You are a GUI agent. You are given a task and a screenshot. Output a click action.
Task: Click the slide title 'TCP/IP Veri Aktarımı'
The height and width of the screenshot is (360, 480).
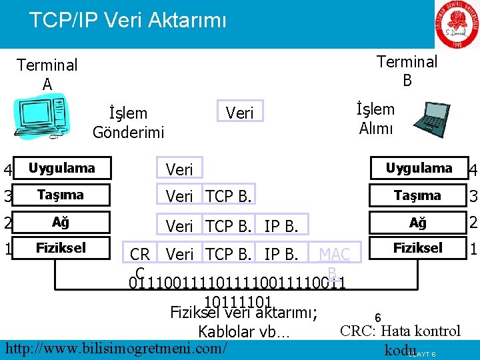point(127,19)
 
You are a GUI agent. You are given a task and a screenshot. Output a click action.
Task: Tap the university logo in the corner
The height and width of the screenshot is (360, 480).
point(458,25)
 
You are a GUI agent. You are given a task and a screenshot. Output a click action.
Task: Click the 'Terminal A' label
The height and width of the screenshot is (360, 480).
point(47,74)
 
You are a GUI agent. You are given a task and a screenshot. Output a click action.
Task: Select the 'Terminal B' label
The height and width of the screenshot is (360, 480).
point(407,71)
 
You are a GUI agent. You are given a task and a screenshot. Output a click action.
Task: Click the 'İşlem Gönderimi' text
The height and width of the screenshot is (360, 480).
point(128,123)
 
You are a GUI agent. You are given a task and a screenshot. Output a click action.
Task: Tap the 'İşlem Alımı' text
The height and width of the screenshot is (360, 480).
point(375,119)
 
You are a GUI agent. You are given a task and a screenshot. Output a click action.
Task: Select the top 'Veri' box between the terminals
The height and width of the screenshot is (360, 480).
point(240,113)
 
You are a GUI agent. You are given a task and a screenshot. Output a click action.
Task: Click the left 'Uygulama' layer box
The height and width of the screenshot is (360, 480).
point(61,168)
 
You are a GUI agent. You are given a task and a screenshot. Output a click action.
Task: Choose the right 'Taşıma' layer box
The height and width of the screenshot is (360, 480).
point(417,195)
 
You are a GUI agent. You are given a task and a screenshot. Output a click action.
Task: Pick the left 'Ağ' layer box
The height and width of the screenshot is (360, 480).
point(61,221)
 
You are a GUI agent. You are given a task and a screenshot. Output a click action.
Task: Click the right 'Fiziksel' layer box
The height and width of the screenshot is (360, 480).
point(417,248)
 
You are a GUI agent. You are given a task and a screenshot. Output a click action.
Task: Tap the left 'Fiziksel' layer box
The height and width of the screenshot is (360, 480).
point(61,248)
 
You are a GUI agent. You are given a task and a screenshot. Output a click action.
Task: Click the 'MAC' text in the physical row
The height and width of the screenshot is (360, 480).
point(335,254)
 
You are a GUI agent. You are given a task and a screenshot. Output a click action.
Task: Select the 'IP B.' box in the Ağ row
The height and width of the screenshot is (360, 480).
point(281,226)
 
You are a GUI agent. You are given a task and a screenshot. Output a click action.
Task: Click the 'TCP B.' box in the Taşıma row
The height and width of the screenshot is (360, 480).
point(229,197)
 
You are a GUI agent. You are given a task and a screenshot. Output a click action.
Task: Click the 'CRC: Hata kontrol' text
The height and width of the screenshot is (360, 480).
point(400,331)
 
